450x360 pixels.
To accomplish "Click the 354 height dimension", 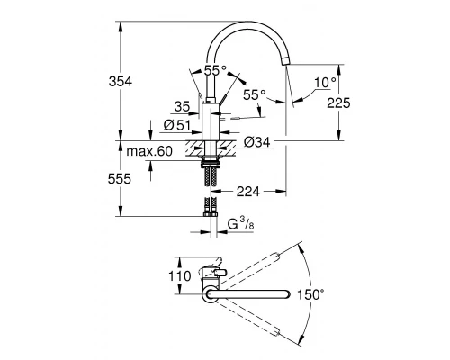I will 133,82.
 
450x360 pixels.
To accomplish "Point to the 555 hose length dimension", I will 133,179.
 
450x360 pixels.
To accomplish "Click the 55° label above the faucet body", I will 215,70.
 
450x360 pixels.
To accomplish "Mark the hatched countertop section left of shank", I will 193,147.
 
